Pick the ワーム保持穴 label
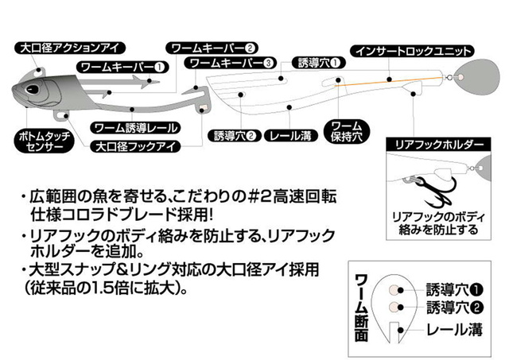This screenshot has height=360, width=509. pos(347,130)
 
